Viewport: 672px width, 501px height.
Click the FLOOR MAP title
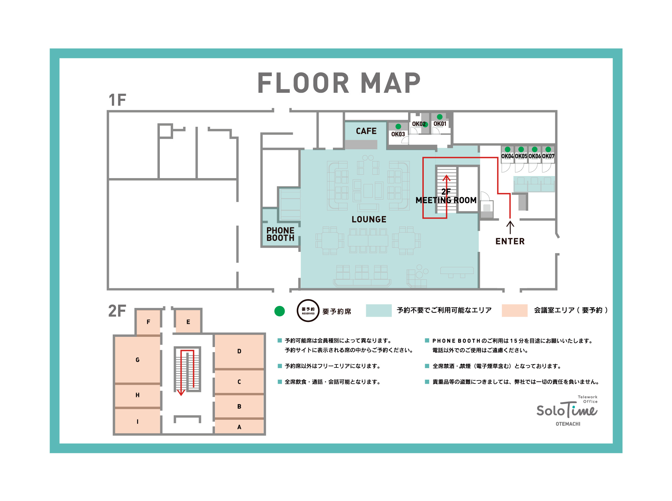point(339,83)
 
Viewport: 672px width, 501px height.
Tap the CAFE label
point(366,131)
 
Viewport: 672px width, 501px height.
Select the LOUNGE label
point(369,220)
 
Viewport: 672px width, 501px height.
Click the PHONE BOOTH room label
point(280,234)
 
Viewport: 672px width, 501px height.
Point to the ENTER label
point(510,241)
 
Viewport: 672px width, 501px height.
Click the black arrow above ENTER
point(510,227)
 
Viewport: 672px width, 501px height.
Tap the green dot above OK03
point(398,126)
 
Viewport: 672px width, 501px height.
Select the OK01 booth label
point(440,124)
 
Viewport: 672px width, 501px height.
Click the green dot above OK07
point(548,149)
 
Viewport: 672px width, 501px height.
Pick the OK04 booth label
point(507,156)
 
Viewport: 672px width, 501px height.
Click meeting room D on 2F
point(239,351)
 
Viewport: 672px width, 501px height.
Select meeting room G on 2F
point(137,360)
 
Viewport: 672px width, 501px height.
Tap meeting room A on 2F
point(239,427)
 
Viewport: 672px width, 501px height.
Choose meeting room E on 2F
point(188,322)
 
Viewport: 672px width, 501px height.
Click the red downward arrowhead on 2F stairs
point(181,393)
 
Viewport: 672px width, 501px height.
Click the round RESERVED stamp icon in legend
point(308,311)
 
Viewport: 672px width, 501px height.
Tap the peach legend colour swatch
point(515,310)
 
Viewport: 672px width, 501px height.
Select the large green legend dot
point(280,311)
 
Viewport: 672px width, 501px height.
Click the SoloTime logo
point(567,411)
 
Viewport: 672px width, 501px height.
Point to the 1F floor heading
point(117,100)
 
